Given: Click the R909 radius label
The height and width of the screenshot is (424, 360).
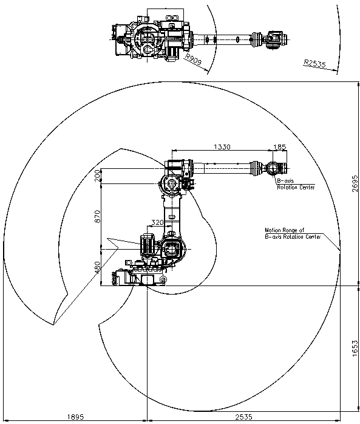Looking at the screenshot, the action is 194,60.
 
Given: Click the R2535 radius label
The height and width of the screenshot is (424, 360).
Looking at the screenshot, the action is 315,63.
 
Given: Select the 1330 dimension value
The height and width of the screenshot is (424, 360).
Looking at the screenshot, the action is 222,147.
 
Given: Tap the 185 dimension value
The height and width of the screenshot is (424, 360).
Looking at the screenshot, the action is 279,147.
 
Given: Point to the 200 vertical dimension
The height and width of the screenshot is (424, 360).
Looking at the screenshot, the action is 97,176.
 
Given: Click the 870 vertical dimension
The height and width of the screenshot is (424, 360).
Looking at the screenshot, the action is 97,216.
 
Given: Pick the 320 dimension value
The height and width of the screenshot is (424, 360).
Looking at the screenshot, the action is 157,222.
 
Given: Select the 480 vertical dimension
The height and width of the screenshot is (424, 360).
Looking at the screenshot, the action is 97,267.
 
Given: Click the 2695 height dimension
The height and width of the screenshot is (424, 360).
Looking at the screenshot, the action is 355,183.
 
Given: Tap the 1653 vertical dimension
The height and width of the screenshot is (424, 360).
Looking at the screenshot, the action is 355,348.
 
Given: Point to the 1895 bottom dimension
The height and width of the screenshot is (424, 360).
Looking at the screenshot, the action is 75,417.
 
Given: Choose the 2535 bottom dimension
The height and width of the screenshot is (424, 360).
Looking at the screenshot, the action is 243,417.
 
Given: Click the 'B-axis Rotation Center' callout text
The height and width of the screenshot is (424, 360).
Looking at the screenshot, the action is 296,184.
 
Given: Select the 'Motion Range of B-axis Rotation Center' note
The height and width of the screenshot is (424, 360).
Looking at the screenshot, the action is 293,233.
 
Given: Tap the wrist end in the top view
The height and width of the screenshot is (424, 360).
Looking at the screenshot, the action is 276,39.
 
